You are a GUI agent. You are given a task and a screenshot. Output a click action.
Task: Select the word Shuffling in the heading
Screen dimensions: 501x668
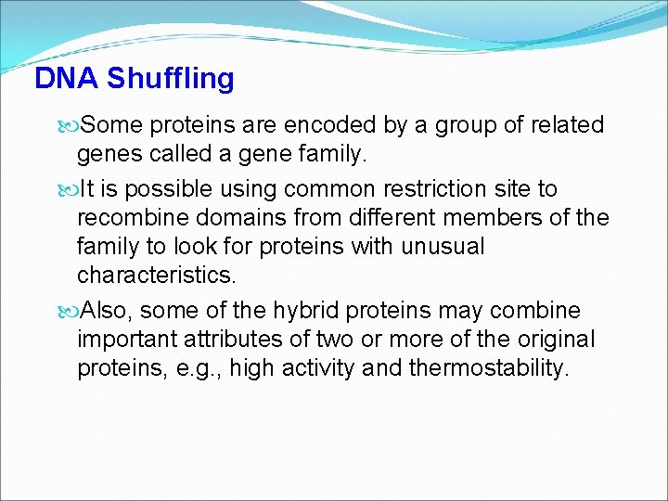point(170,80)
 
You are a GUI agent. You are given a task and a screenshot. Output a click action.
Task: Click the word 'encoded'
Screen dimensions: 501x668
point(316,125)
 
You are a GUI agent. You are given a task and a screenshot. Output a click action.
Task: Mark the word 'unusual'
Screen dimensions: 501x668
point(443,247)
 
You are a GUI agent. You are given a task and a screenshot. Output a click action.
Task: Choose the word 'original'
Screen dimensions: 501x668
point(554,340)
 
